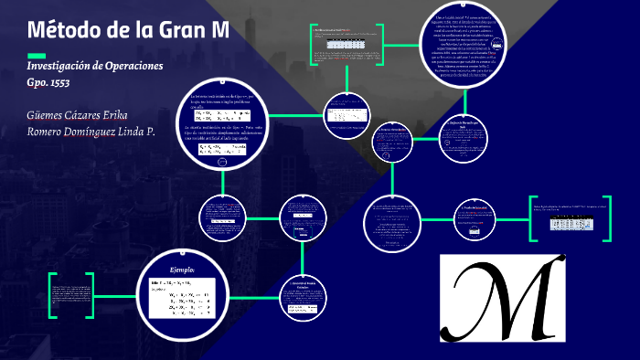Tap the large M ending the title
pos(220,30)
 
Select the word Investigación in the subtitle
pos(65,68)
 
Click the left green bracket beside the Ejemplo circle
pos(53,294)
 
